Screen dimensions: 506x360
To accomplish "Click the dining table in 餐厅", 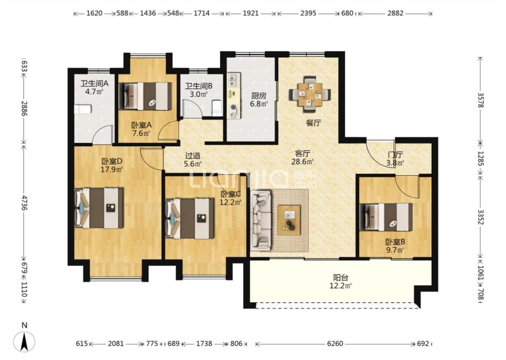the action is coord(310,94).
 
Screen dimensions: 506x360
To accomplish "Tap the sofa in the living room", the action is coord(261,220).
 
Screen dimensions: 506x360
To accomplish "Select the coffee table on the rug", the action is coord(289,220).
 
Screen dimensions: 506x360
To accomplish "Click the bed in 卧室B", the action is coord(386,216).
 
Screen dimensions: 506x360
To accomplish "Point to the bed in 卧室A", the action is coord(145,96).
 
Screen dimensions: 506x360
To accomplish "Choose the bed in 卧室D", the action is coord(99,208).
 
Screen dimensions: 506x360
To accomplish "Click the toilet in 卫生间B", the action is coord(217,108).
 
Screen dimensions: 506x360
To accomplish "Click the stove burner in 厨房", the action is coord(233,110).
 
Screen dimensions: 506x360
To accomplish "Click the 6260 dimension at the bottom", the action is coord(335,343).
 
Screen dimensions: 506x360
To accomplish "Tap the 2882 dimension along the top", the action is coord(395,13).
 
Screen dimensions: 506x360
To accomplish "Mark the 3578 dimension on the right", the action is coord(480,100).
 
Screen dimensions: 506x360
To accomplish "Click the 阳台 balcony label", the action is coord(340,278).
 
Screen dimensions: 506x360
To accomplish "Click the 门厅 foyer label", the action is coord(395,155).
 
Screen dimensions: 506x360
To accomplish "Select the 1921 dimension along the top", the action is coord(251,13).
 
